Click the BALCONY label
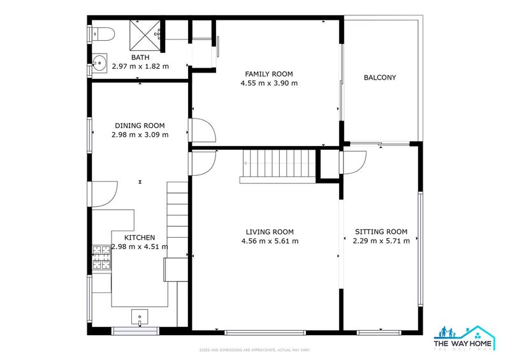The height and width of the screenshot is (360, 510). click(x=380, y=78)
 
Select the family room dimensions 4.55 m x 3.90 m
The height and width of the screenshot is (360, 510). click(x=269, y=83)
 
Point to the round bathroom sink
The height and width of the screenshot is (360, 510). click(x=99, y=63)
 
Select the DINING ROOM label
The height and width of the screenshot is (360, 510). click(x=140, y=126)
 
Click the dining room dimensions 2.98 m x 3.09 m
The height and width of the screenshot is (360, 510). click(x=140, y=134)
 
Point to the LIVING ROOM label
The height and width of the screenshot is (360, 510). click(x=270, y=232)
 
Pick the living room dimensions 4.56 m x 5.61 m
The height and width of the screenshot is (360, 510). click(x=270, y=241)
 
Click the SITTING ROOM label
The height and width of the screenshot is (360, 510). click(x=381, y=232)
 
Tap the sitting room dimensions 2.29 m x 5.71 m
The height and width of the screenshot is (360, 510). click(x=381, y=241)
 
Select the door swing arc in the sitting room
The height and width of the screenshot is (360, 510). click(x=354, y=161)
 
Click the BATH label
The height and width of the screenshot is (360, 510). click(x=140, y=57)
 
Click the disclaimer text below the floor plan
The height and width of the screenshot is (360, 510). click(x=255, y=350)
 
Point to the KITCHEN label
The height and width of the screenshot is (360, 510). click(x=140, y=238)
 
